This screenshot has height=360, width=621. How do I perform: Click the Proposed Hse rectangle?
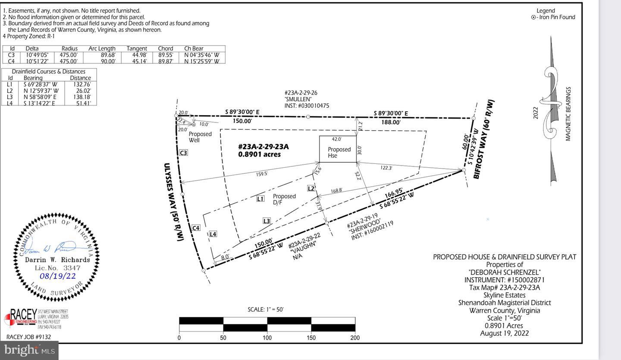338,149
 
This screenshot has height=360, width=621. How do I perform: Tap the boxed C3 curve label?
184,153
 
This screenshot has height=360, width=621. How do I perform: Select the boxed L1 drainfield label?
260,198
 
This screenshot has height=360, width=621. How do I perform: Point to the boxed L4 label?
213,234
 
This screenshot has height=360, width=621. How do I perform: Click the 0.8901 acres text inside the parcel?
259,154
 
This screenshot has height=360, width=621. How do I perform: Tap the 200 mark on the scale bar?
355,338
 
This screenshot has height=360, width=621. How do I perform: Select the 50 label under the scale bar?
223,338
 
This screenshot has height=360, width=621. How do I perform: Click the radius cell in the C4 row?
69,61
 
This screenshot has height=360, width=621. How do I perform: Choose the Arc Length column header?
102,48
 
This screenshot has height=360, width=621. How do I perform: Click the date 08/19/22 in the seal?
58,276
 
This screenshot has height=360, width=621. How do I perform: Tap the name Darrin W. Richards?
57,260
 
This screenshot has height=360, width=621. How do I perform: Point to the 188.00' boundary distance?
391,122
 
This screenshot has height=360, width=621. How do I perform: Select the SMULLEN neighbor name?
298,99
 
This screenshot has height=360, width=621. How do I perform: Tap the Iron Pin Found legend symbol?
533,18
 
